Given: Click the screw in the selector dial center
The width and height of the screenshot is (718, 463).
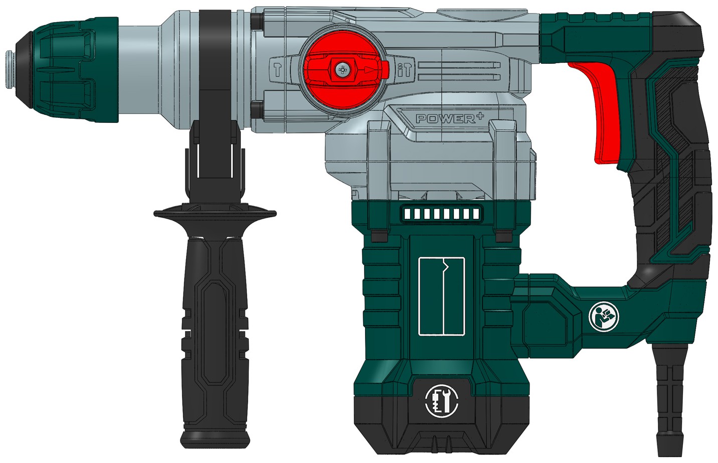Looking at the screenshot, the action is [x=342, y=70].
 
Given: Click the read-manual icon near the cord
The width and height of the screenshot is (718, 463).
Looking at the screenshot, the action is [x=604, y=317].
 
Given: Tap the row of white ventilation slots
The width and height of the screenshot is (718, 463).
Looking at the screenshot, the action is [x=441, y=214].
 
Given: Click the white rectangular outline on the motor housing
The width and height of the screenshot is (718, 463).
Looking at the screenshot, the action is [x=442, y=296].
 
